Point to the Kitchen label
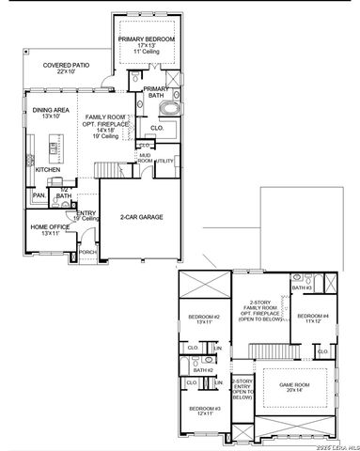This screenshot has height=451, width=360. pyautogui.click(x=48, y=170)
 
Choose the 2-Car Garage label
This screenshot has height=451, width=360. pyautogui.click(x=141, y=217)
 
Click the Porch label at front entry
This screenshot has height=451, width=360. pyautogui.click(x=86, y=253)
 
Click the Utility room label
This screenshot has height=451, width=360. pyautogui.click(x=165, y=161)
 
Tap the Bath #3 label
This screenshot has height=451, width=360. pyautogui.click(x=299, y=288)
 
